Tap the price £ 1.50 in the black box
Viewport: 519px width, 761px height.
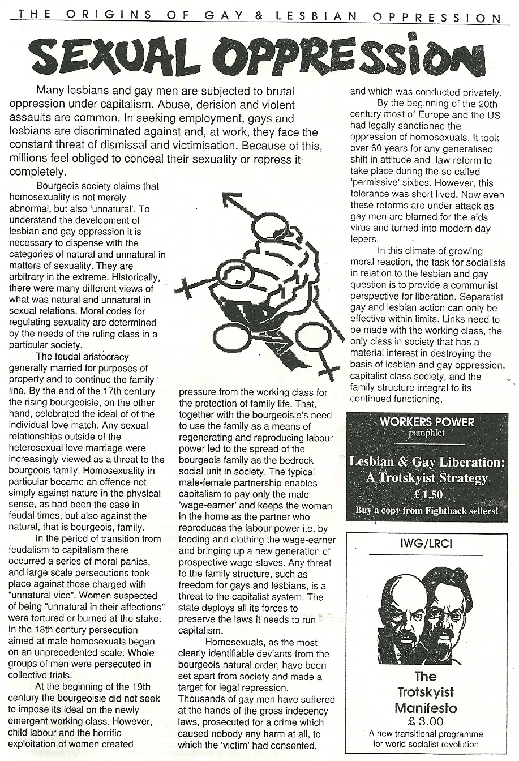[427, 494]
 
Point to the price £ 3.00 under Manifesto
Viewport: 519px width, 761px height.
[425, 721]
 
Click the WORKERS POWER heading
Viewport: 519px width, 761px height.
[427, 422]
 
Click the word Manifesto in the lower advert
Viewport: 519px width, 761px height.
[425, 708]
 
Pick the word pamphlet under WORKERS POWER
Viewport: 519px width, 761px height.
[427, 433]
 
